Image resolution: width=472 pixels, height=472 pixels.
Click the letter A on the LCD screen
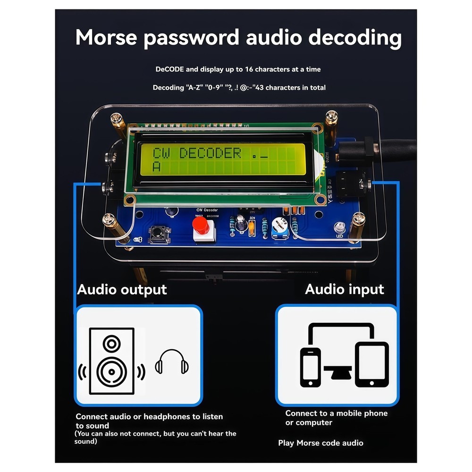pyautogui.click(x=157, y=167)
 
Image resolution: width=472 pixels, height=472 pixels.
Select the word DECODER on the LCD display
pyautogui.click(x=211, y=152)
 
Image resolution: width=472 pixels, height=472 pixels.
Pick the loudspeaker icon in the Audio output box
pyautogui.click(x=111, y=361)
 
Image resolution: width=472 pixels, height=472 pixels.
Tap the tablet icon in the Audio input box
pyautogui.click(x=371, y=364)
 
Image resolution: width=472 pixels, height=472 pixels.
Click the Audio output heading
pyautogui.click(x=122, y=289)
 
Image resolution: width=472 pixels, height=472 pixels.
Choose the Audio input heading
pyautogui.click(x=345, y=289)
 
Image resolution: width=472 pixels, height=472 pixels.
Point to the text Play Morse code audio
pyautogui.click(x=320, y=443)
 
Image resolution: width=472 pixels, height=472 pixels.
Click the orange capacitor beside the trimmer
pyautogui.click(x=252, y=228)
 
